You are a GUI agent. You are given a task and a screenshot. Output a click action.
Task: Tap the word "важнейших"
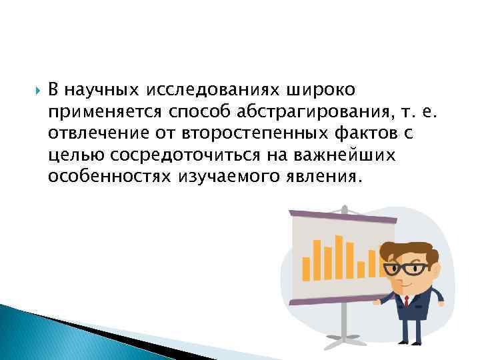343,155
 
